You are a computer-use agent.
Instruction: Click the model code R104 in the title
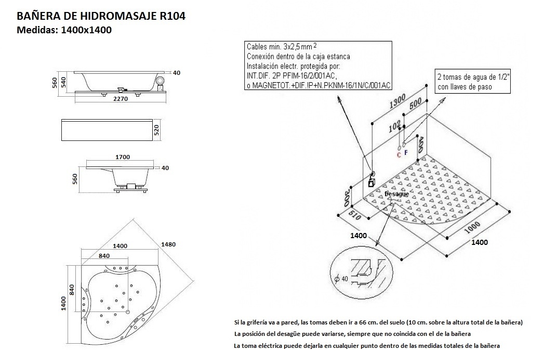click(x=169, y=16)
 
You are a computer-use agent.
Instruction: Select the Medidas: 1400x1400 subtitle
click(x=65, y=30)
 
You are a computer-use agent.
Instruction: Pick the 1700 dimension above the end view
click(x=123, y=157)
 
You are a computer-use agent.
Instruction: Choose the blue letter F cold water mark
click(x=406, y=152)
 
